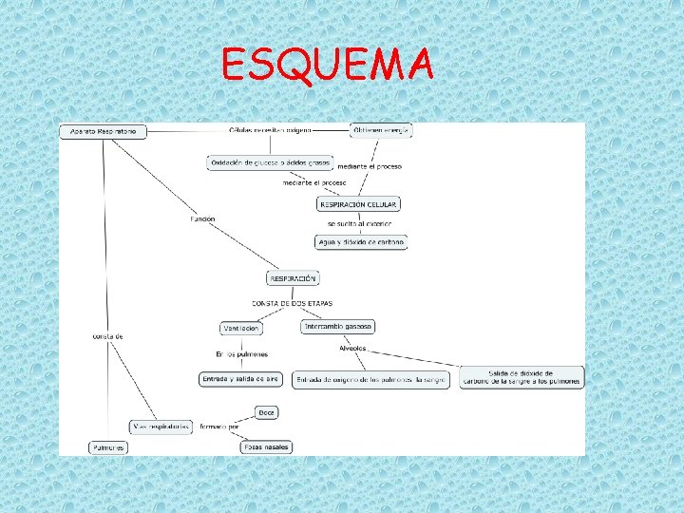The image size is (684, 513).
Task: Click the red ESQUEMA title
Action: [x=327, y=65]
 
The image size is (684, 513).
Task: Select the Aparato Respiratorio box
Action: [x=104, y=131]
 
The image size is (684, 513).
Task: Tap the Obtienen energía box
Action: [x=381, y=130]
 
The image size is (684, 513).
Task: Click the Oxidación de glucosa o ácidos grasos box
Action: [x=269, y=162]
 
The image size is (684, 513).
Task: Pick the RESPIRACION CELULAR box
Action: [x=357, y=204]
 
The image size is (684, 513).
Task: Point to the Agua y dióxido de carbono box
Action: [x=360, y=242]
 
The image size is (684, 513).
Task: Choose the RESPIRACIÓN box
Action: [x=293, y=278]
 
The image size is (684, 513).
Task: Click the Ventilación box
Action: [x=241, y=328]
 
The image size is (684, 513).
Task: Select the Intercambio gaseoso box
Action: [x=338, y=326]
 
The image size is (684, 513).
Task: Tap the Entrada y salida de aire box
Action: [x=240, y=378]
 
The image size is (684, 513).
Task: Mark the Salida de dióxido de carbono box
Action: [x=522, y=377]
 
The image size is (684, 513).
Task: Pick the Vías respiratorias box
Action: [x=161, y=427]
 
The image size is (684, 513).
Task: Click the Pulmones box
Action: [x=107, y=447]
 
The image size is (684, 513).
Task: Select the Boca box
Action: [x=266, y=412]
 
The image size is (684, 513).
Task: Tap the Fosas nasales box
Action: [x=267, y=446]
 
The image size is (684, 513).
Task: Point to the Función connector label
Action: [x=202, y=218]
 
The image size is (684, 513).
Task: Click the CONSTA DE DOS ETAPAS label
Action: [x=292, y=303]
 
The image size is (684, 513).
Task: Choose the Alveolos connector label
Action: [x=352, y=348]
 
